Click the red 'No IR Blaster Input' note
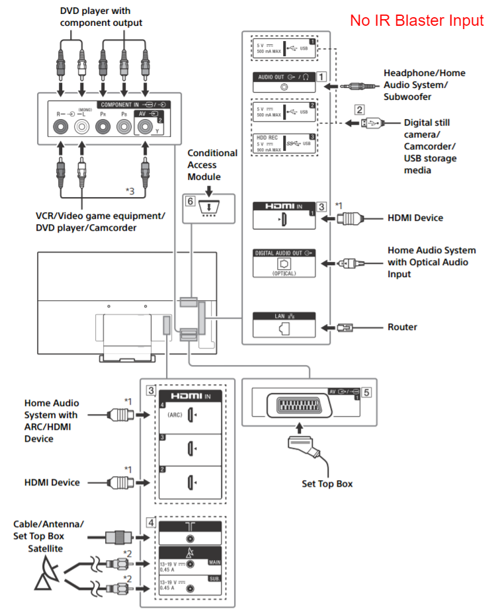(417, 21)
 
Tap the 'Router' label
(403, 327)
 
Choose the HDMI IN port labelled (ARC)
(190, 415)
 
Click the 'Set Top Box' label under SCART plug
(327, 483)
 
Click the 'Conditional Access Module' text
(212, 165)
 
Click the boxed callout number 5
(366, 391)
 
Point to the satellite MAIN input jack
(191, 564)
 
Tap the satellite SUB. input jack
(191, 586)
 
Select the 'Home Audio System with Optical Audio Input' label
(431, 262)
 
